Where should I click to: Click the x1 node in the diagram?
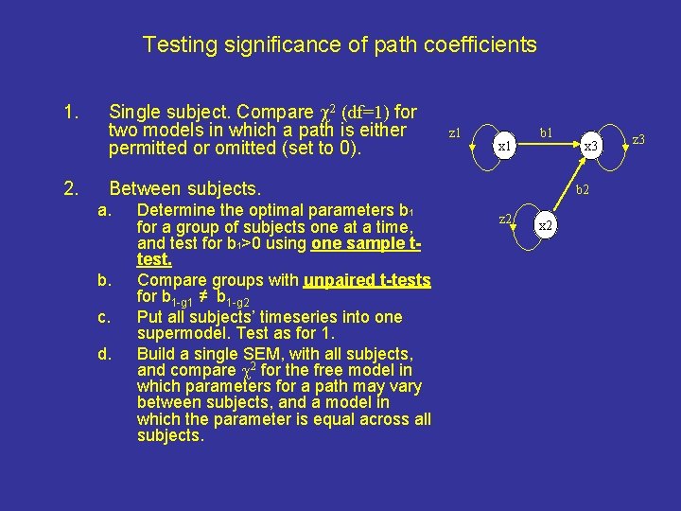tap(505, 147)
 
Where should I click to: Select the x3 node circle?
tap(591, 147)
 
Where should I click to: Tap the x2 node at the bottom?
tap(546, 226)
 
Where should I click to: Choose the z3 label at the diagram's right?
tap(638, 140)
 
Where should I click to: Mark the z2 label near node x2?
tap(505, 220)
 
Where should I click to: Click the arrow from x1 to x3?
tap(549, 146)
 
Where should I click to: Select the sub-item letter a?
tap(103, 209)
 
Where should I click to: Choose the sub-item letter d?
tap(103, 354)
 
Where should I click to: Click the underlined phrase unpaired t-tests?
tap(367, 281)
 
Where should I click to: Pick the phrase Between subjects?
tap(184, 188)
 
